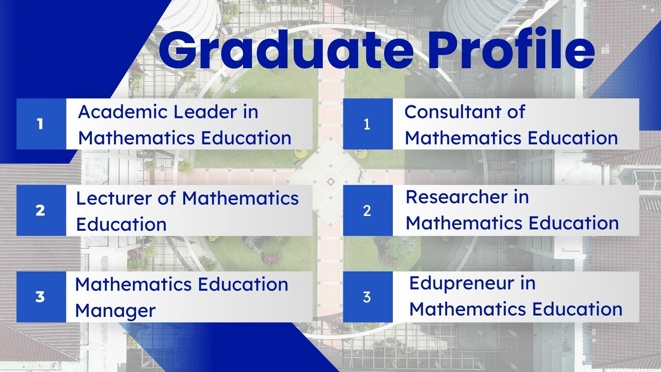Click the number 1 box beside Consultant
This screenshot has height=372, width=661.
click(368, 124)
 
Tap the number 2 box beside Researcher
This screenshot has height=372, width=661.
click(368, 210)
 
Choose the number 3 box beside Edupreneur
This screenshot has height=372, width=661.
click(368, 297)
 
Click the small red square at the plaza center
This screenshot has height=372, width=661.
click(330, 181)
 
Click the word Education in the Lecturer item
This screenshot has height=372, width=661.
click(122, 224)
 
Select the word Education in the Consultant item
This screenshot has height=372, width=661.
click(573, 138)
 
